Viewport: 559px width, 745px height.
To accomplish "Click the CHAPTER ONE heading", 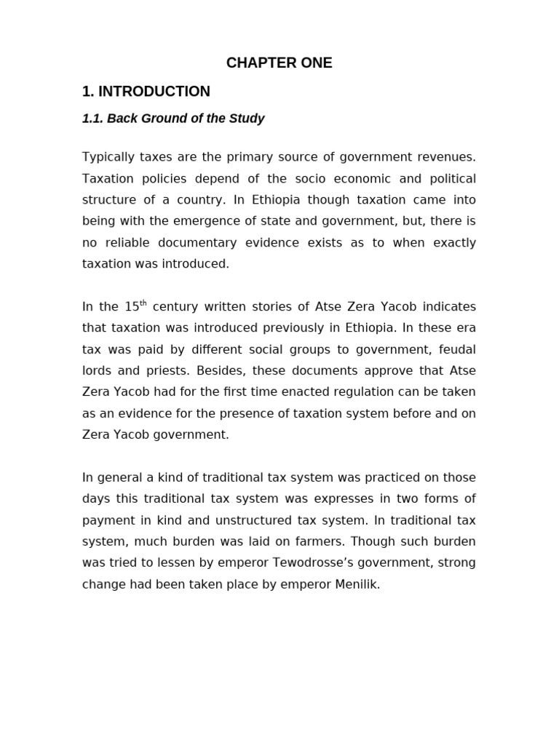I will (x=279, y=63).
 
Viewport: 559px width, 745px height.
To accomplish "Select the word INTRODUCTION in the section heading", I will (x=154, y=92).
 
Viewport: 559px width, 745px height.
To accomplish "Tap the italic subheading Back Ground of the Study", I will (x=186, y=119).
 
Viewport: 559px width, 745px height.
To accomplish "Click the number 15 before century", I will (x=132, y=307).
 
